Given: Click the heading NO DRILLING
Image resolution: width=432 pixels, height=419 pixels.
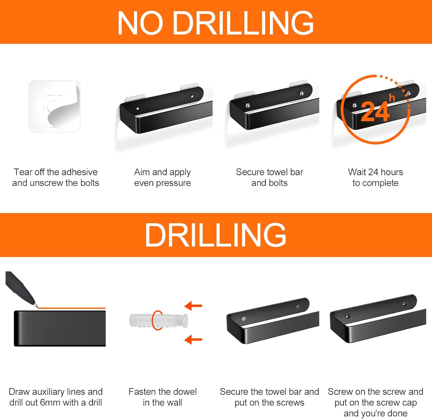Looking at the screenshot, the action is [215, 23].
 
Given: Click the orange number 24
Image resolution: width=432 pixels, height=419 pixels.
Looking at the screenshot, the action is [375, 112].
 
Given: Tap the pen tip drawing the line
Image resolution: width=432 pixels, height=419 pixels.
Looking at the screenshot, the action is [36, 306].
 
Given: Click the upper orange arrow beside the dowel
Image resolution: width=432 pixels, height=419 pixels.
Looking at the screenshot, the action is [193, 305].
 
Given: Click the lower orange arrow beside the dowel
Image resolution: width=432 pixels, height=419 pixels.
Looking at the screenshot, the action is [193, 339].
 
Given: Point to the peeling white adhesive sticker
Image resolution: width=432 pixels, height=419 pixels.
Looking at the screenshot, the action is [54, 106].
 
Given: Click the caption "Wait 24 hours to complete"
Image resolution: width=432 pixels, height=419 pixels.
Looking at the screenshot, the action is [376, 178].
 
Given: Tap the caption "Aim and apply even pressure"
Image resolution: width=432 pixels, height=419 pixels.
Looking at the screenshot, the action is [162, 178].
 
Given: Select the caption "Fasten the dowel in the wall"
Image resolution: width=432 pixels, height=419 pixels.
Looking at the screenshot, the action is [162, 397].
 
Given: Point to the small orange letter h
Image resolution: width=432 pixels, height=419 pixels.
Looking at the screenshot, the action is [392, 98].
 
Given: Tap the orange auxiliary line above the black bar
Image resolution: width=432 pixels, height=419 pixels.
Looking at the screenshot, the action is [72, 308].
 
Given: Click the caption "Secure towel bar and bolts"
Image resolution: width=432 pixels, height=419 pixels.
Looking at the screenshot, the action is [270, 178].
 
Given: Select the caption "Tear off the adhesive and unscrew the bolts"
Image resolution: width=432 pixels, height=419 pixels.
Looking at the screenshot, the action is [56, 178].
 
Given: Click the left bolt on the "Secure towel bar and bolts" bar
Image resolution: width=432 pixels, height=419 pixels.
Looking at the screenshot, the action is [247, 106].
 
